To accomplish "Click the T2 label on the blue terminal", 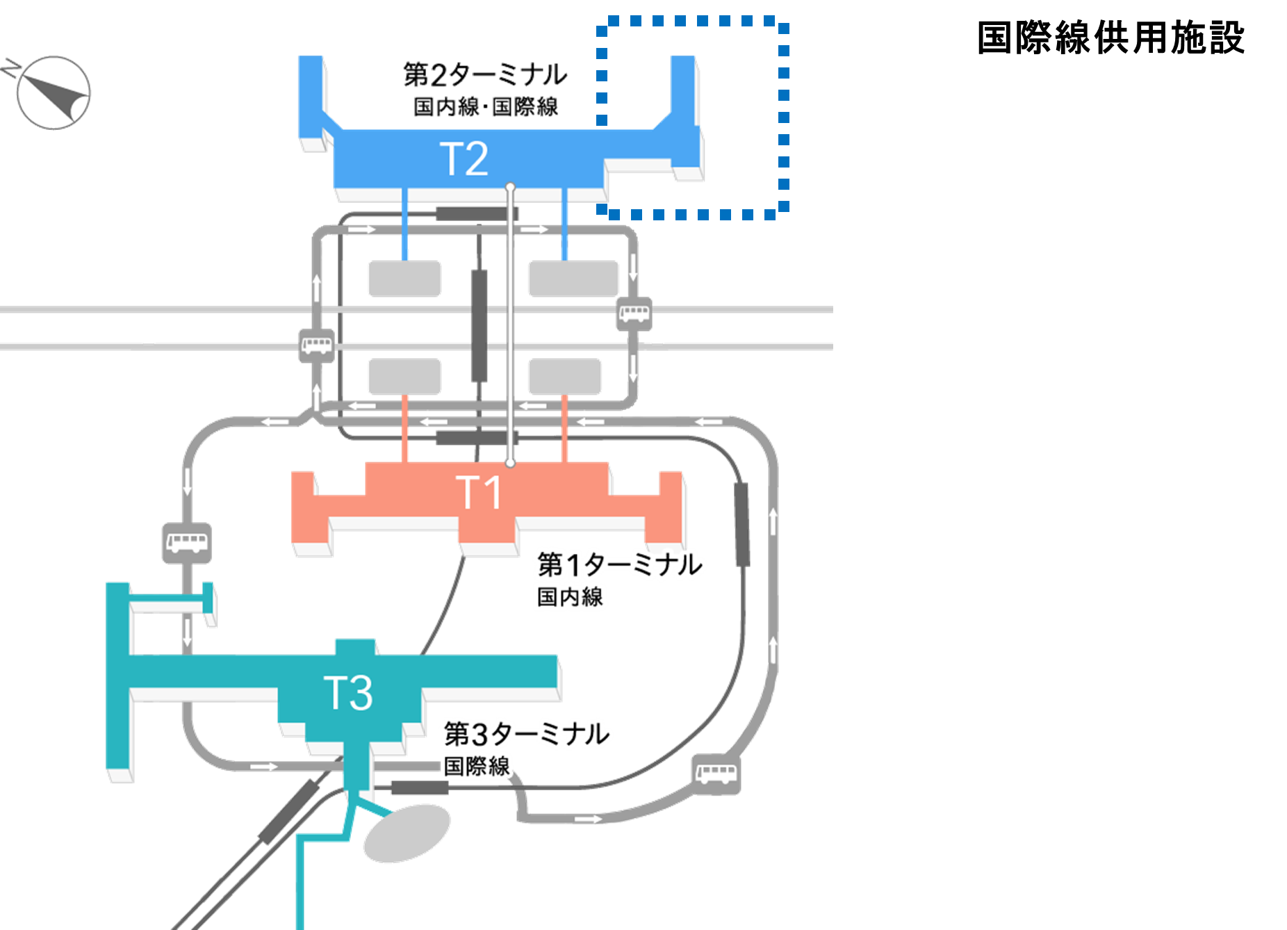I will click(464, 159).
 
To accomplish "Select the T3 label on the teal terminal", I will click(348, 692).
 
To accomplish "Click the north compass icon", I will click(53, 92).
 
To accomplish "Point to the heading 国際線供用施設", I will click(1110, 38).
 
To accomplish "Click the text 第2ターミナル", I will click(485, 74).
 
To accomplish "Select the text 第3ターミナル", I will click(527, 734).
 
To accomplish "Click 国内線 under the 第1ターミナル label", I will click(570, 597).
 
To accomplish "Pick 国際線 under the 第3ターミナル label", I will click(477, 767).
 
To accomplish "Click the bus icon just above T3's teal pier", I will click(187, 542).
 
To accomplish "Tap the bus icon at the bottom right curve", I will click(716, 774).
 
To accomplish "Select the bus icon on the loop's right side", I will click(634, 313).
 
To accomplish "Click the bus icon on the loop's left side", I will click(317, 345).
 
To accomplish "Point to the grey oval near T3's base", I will click(407, 833).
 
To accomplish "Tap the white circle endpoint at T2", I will click(510, 187).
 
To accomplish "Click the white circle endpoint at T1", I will click(510, 462).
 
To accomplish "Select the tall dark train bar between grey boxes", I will click(479, 325).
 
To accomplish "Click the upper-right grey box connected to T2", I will click(573, 278).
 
